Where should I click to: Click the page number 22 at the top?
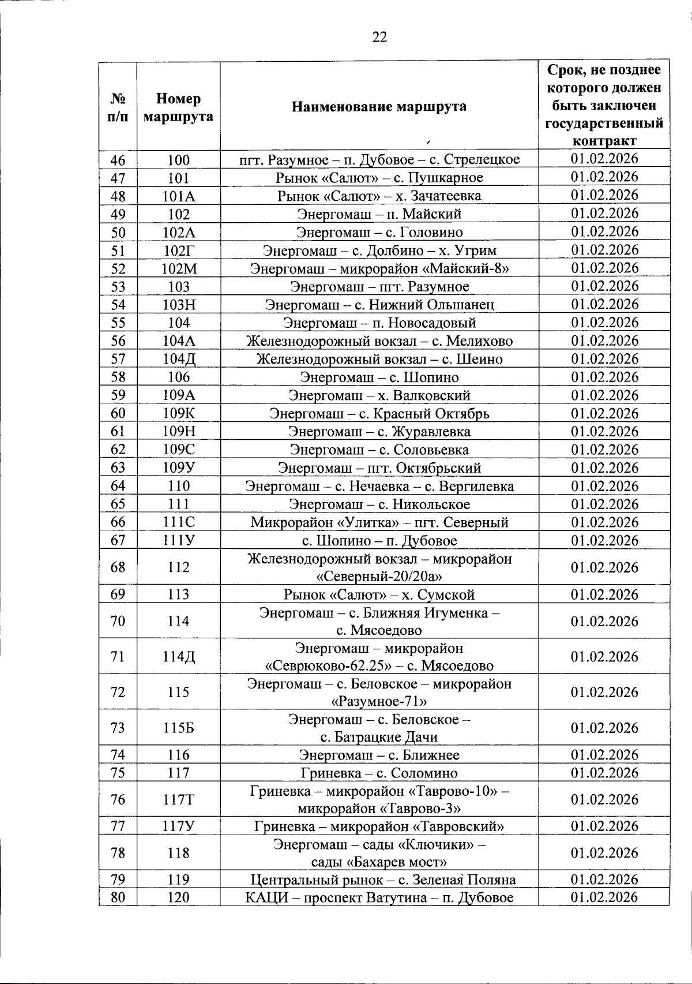point(379,38)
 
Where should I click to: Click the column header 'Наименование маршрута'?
point(379,107)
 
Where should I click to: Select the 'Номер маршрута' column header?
point(178,107)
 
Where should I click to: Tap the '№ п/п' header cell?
point(118,107)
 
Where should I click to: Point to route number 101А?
point(178,196)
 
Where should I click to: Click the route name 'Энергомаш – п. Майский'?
point(379,214)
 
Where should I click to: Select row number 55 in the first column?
point(118,323)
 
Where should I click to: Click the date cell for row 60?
point(604,413)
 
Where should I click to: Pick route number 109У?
point(178,467)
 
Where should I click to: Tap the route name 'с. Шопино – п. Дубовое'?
point(379,541)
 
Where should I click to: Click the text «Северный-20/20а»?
point(379,576)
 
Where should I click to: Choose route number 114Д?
point(178,657)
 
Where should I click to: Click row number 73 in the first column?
point(118,728)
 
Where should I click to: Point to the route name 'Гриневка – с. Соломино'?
point(379,773)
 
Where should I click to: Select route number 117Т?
point(178,799)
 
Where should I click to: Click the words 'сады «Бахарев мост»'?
point(379,862)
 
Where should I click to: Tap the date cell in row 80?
point(604,897)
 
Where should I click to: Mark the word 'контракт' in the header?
point(604,141)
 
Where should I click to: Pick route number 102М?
point(178,268)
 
